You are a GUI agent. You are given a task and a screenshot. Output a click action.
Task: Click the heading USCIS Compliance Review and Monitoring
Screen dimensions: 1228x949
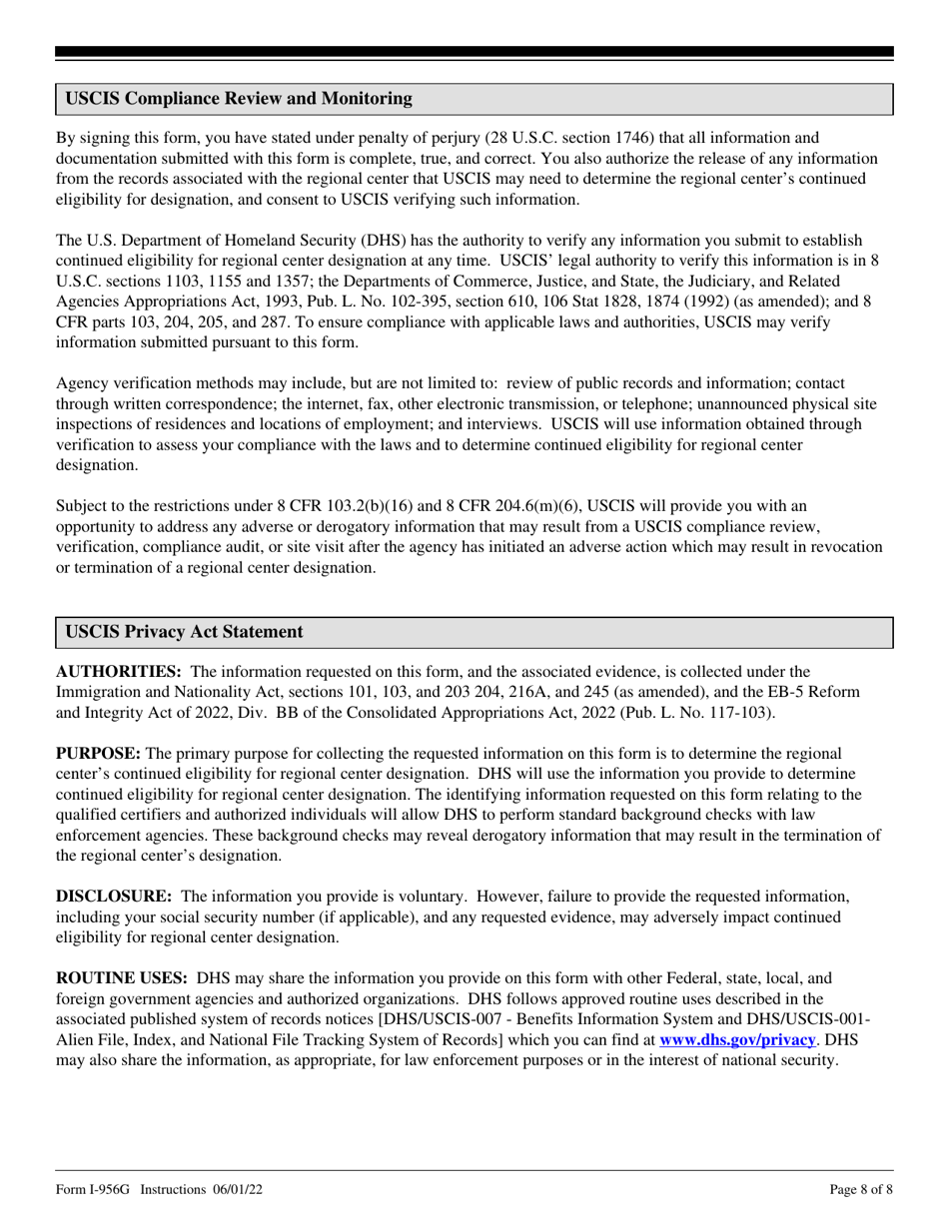(x=238, y=99)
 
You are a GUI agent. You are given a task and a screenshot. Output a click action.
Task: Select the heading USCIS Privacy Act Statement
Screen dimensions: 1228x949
(x=185, y=632)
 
